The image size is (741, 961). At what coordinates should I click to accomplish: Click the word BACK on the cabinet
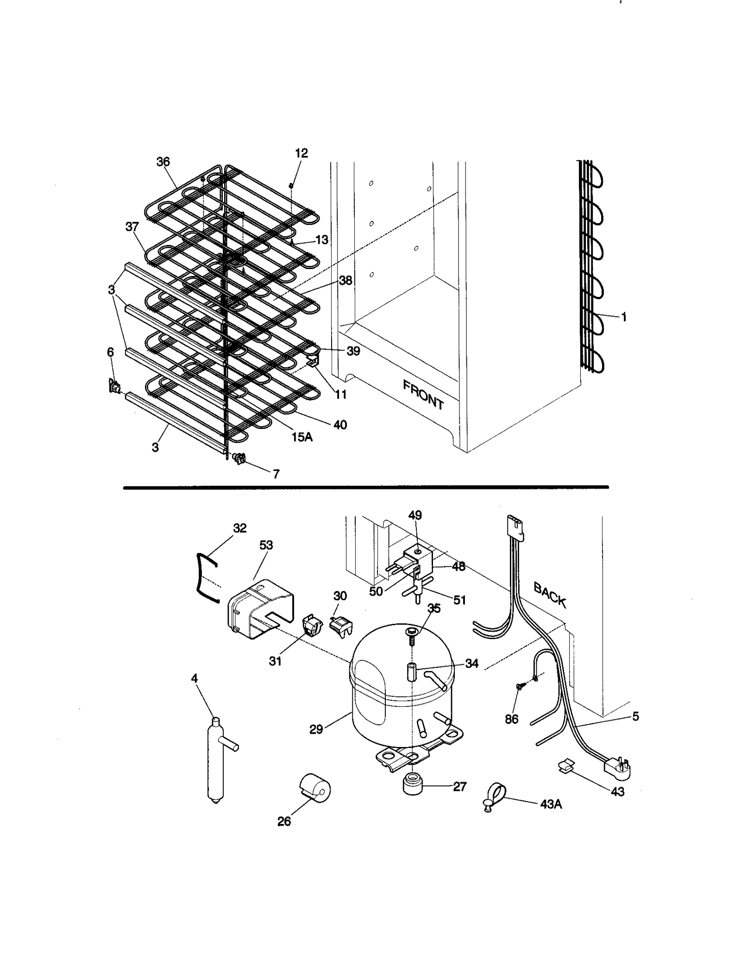pyautogui.click(x=550, y=594)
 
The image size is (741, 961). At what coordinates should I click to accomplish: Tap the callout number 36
pyautogui.click(x=163, y=162)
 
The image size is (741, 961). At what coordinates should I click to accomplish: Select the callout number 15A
pyautogui.click(x=302, y=436)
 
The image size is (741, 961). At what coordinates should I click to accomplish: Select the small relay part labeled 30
pyautogui.click(x=340, y=627)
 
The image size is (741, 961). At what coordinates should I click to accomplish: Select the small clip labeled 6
pyautogui.click(x=113, y=385)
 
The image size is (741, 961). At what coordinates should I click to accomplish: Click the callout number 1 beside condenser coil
pyautogui.click(x=624, y=317)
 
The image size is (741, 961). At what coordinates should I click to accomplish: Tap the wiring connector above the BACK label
pyautogui.click(x=515, y=526)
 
